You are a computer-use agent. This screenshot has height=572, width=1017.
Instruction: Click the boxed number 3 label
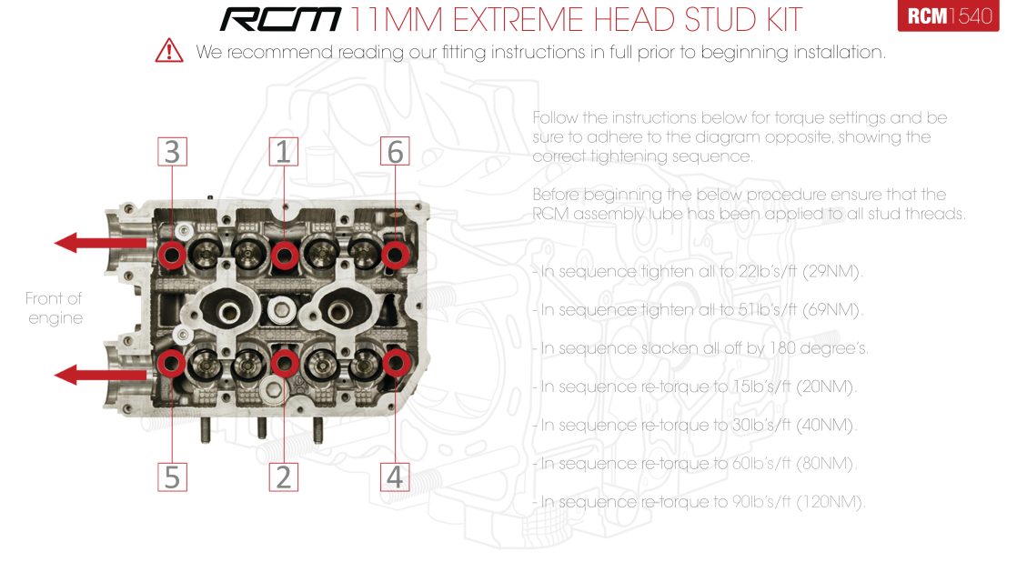[x=172, y=151]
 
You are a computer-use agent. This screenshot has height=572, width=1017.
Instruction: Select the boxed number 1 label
[x=284, y=151]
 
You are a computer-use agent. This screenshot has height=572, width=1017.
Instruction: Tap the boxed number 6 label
[x=395, y=151]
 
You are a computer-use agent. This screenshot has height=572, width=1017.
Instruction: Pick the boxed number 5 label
[x=172, y=476]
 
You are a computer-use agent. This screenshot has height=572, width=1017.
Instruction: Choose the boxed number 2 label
[x=284, y=476]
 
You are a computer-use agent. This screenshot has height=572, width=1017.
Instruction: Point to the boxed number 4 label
[x=395, y=476]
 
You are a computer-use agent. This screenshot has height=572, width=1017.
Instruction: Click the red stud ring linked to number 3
[x=172, y=254]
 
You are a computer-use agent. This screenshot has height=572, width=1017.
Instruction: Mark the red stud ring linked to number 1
[x=284, y=254]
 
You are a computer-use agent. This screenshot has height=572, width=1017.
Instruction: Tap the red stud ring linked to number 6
[x=395, y=254]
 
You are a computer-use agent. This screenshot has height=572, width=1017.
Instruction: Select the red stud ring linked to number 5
[x=172, y=364]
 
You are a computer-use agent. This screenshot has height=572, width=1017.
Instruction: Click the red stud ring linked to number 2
[x=284, y=364]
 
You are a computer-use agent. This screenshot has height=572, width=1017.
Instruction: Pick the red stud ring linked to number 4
[x=395, y=364]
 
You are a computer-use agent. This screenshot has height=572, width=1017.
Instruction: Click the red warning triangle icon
[x=169, y=51]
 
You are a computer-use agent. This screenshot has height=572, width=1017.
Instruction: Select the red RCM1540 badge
[x=948, y=16]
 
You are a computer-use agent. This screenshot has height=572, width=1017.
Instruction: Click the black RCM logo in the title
[x=281, y=19]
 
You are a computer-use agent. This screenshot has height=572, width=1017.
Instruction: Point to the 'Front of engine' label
[x=55, y=308]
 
